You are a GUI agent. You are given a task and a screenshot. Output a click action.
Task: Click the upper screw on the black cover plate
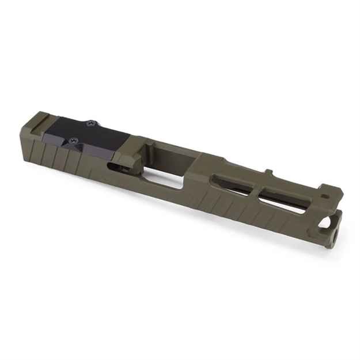point(90,123)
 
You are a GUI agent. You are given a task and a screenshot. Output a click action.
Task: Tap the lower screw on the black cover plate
point(73,140)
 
